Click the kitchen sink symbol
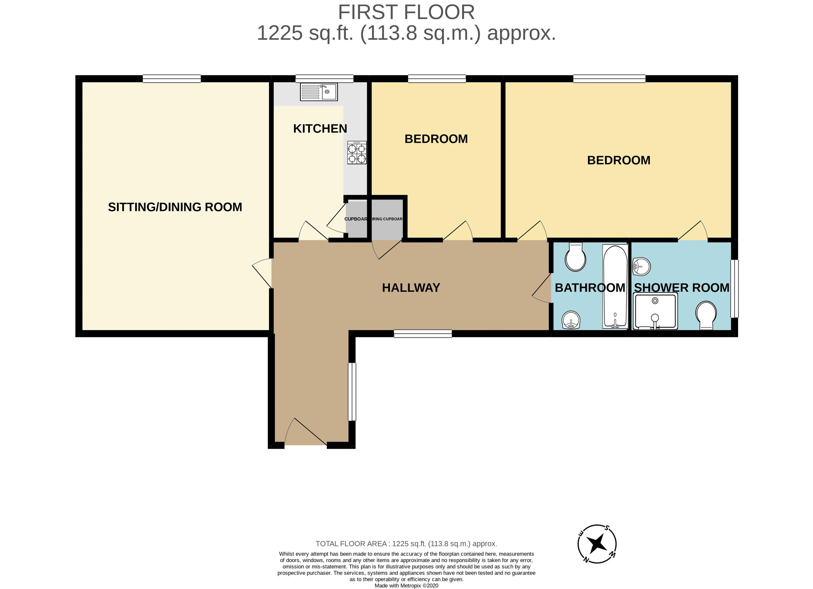click(x=319, y=92)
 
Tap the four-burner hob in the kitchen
click(x=357, y=153)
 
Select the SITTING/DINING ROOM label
click(x=175, y=207)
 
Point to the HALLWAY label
click(x=411, y=288)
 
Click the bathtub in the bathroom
click(x=615, y=287)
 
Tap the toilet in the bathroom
click(x=575, y=257)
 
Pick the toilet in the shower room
click(x=706, y=315)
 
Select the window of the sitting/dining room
click(x=172, y=79)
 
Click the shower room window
click(x=734, y=288)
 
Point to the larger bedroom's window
click(x=609, y=79)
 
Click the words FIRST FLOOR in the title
click(x=406, y=13)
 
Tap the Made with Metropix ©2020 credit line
click(x=406, y=586)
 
